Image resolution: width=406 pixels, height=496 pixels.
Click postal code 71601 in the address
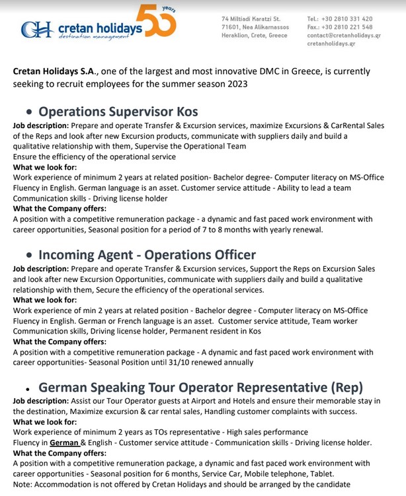click(x=231, y=27)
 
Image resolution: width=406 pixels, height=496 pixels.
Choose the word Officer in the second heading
click(x=231, y=255)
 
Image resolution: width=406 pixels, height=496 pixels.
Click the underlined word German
click(x=65, y=443)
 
